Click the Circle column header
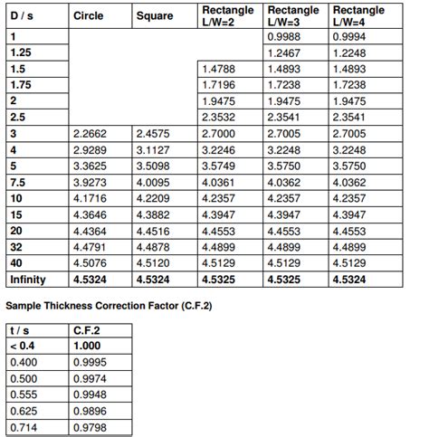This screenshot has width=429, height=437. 88,16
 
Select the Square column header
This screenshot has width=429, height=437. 154,16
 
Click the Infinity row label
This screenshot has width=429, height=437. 27,280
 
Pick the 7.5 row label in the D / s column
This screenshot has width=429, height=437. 19,182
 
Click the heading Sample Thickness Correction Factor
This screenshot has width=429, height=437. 109,305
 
